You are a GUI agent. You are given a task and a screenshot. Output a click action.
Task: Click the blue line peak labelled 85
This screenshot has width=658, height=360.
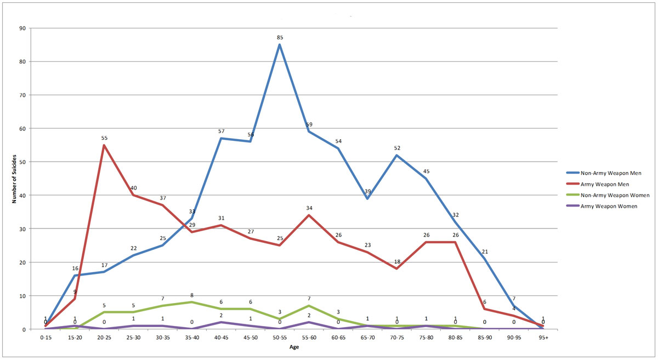click(x=279, y=44)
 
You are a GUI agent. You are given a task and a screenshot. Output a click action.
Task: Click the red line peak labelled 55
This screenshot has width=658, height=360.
click(x=104, y=145)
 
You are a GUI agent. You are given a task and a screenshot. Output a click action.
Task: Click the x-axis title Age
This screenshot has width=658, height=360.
click(x=294, y=347)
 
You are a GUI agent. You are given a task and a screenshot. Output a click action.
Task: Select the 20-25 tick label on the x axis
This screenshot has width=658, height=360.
click(x=104, y=338)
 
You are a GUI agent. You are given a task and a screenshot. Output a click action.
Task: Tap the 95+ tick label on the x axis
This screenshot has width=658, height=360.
click(x=543, y=338)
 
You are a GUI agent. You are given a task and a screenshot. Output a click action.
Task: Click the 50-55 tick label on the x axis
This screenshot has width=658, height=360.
click(x=279, y=338)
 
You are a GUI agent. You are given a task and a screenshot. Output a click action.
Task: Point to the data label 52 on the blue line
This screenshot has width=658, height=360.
click(x=396, y=148)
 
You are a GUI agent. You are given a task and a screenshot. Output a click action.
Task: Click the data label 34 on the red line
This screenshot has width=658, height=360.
click(x=309, y=208)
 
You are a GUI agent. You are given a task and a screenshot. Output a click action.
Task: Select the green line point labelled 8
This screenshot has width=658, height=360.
click(x=191, y=302)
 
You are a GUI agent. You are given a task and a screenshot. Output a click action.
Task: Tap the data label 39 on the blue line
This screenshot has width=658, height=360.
click(x=367, y=191)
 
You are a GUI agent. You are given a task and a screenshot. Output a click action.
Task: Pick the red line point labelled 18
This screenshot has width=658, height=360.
click(x=396, y=268)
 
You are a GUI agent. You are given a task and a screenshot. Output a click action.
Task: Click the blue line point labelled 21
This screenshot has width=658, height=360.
click(x=484, y=259)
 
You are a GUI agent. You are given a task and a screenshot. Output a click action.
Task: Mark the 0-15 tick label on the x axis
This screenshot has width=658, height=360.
click(x=46, y=338)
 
